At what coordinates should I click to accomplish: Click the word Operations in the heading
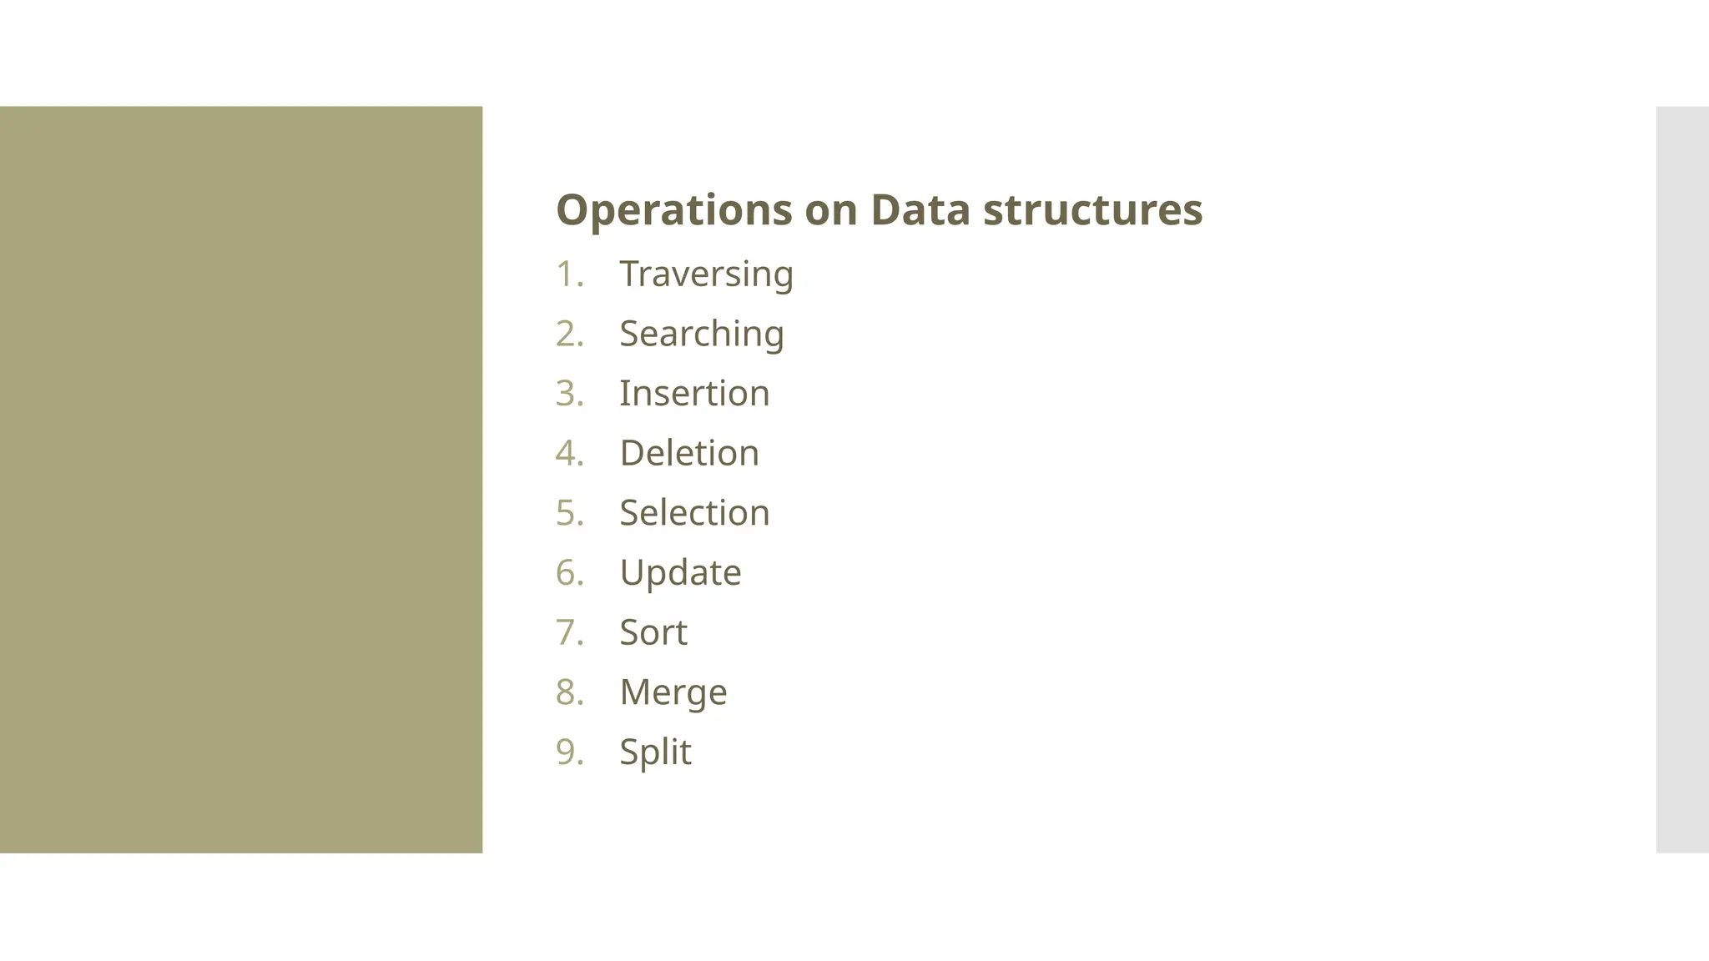point(673,210)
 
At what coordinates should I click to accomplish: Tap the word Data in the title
point(920,209)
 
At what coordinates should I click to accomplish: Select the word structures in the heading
point(1092,209)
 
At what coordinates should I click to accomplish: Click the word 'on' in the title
point(830,210)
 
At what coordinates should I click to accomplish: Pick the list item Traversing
point(706,274)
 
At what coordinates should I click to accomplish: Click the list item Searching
point(701,335)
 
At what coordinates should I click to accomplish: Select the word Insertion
point(694,394)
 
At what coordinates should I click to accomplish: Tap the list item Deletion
point(689,454)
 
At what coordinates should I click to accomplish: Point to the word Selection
point(694,513)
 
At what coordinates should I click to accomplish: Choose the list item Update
point(680,573)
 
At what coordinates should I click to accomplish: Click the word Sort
point(653,632)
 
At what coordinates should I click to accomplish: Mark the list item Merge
point(673,692)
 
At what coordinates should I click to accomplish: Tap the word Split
point(655,752)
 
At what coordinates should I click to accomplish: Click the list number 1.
point(569,274)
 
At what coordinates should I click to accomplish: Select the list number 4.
point(569,454)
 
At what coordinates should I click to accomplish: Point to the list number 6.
point(569,573)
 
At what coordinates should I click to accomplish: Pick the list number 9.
point(569,752)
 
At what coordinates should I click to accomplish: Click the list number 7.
point(569,632)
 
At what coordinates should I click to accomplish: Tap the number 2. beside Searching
point(569,335)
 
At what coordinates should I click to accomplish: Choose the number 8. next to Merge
point(569,692)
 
